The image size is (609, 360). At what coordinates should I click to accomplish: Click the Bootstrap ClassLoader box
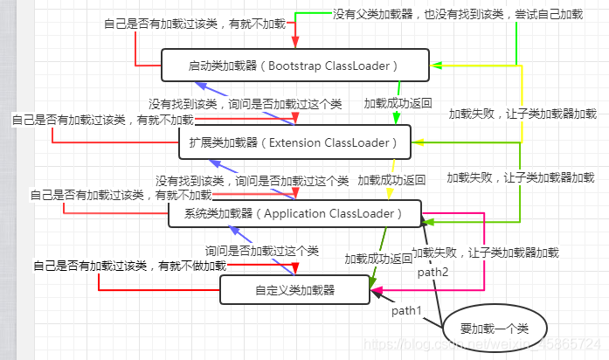pos(295,66)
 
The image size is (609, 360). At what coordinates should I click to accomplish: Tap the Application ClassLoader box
pos(294,213)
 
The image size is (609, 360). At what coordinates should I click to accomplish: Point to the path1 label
pos(406,310)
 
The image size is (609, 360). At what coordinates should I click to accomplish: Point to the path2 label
pos(433,272)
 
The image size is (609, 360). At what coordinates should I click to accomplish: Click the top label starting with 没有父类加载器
pos(457,15)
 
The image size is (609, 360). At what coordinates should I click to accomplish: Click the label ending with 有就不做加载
pos(129,265)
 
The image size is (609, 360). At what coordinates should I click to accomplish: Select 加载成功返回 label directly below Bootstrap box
pos(398,102)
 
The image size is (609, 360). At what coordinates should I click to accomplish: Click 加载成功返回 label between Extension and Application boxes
pos(391,180)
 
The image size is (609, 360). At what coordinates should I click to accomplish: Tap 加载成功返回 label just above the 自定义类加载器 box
pos(377,259)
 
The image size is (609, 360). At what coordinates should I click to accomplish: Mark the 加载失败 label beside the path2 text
pos(485,252)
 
